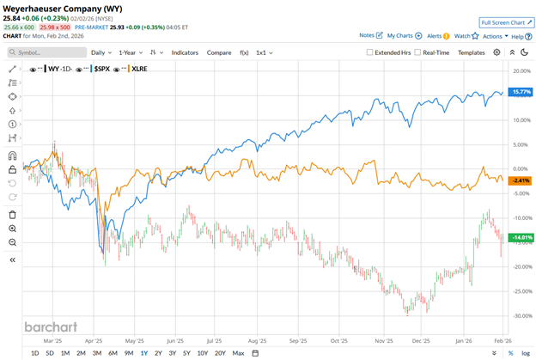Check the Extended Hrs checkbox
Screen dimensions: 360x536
(x=370, y=52)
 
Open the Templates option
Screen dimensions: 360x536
(x=472, y=52)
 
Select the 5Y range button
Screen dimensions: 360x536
(x=186, y=353)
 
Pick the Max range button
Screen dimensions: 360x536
(x=238, y=353)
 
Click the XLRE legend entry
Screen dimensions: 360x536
(x=139, y=68)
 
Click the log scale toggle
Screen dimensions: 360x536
(x=526, y=353)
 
